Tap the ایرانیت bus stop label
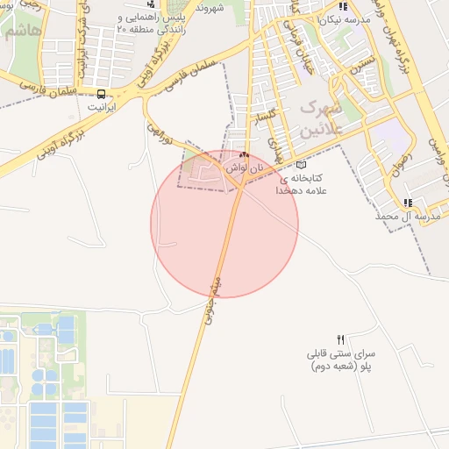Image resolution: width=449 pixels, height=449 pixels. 103,106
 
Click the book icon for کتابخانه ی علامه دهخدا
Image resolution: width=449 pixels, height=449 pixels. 303,164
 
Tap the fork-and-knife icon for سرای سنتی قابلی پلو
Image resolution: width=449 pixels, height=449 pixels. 341,339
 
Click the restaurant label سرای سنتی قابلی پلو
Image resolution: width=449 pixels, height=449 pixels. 340,360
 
